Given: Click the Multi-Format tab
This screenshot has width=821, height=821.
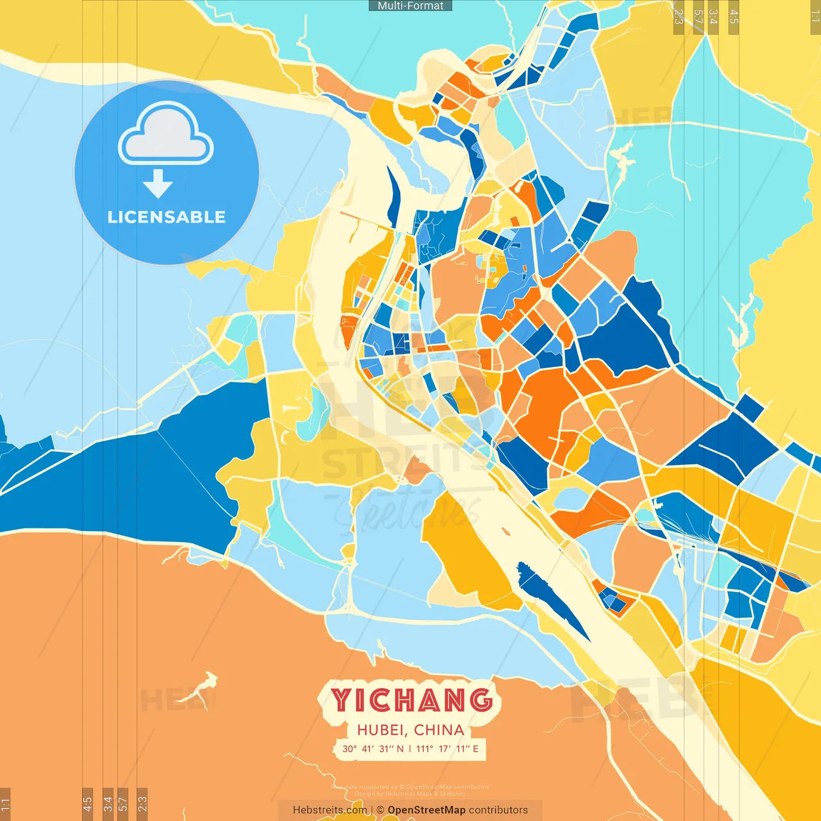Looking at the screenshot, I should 410,6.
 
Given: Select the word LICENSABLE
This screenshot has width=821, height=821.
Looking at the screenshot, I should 167,217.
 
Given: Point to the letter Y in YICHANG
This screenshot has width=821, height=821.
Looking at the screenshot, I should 343,700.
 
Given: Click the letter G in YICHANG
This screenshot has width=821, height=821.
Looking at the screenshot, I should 480,700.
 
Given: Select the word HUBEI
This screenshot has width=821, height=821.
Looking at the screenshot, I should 381,730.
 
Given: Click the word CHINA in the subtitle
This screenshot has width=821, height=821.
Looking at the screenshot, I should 439,730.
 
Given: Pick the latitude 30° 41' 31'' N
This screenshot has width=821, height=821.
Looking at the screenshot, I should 373,749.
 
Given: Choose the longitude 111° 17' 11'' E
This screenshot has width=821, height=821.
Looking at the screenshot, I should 447,749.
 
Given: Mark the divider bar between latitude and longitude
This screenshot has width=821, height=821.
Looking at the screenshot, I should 410,749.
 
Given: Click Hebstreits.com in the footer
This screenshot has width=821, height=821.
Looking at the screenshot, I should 330,810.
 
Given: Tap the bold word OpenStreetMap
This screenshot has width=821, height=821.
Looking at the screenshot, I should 427,810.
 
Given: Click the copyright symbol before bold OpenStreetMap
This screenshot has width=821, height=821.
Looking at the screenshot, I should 380,810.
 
